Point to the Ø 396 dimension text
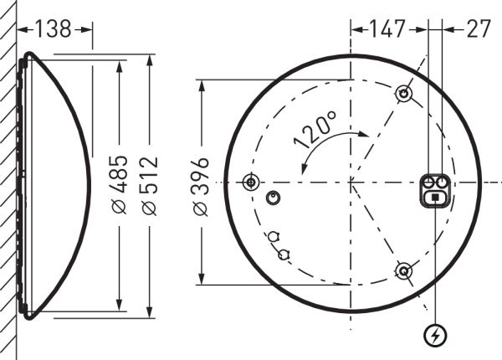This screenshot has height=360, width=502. [x=202, y=183]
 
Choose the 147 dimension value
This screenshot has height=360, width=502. [x=388, y=29]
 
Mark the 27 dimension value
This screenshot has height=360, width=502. [x=478, y=29]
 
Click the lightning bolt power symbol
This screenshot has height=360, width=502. [x=435, y=336]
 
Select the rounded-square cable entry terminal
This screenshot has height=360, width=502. [x=435, y=190]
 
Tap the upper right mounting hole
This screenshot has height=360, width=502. [x=403, y=93]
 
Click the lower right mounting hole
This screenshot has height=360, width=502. [x=403, y=270]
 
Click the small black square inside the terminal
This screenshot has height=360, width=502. [x=435, y=198]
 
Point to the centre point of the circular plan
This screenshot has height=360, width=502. [x=351, y=182]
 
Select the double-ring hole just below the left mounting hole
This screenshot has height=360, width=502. [x=271, y=197]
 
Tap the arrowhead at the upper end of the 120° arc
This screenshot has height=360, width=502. [x=365, y=131]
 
